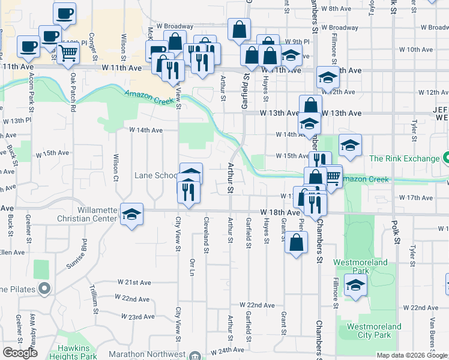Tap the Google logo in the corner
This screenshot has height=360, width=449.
[20, 353]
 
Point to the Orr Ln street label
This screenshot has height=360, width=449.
[192, 268]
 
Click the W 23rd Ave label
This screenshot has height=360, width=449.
[137, 316]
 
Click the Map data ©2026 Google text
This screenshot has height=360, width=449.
[411, 355]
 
